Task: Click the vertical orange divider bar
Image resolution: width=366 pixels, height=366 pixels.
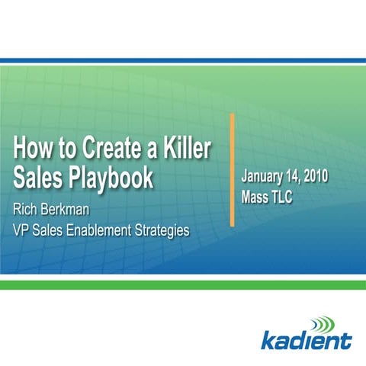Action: pos(232,169)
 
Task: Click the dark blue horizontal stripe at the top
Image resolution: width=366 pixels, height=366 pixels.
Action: pos(183,60)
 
